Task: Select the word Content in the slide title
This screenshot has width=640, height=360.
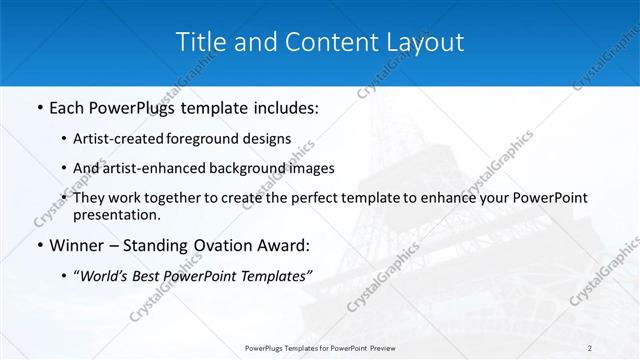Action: [318, 42]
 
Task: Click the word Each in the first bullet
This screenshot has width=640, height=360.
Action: [66, 106]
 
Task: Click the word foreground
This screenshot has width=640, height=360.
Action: [212, 138]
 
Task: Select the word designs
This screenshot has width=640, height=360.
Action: [269, 138]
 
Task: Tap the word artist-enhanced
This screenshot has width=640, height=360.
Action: [162, 168]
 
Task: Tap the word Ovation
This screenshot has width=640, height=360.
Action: [226, 244]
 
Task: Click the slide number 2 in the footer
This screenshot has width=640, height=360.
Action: [590, 348]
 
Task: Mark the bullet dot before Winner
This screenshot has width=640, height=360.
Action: [39, 244]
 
